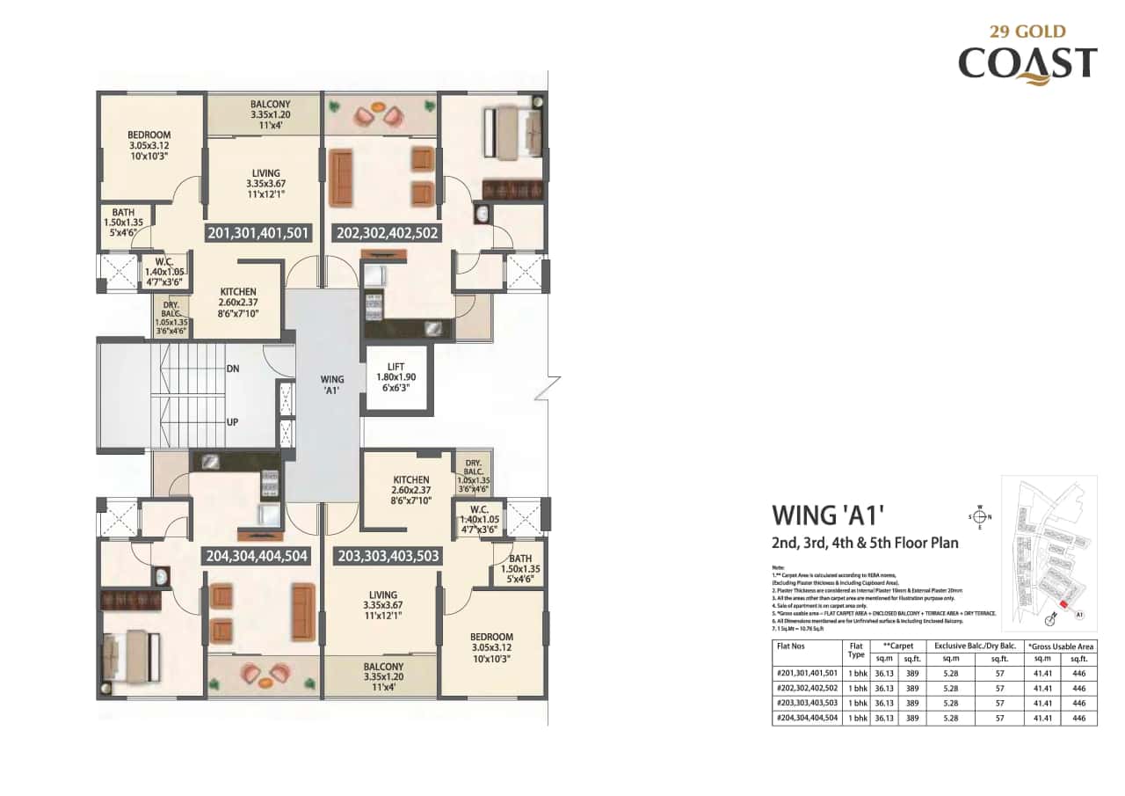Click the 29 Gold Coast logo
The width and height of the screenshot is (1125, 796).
(1027, 55)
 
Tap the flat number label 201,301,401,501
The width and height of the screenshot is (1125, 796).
(258, 234)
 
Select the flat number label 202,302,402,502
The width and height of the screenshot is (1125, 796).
(388, 234)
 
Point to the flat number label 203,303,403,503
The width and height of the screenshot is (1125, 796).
(388, 556)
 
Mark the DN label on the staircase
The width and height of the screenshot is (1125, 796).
(232, 369)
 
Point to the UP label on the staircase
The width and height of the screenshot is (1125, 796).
(232, 422)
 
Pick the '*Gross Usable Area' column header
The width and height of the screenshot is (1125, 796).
(1060, 646)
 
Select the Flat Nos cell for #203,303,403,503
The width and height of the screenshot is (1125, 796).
(807, 703)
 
